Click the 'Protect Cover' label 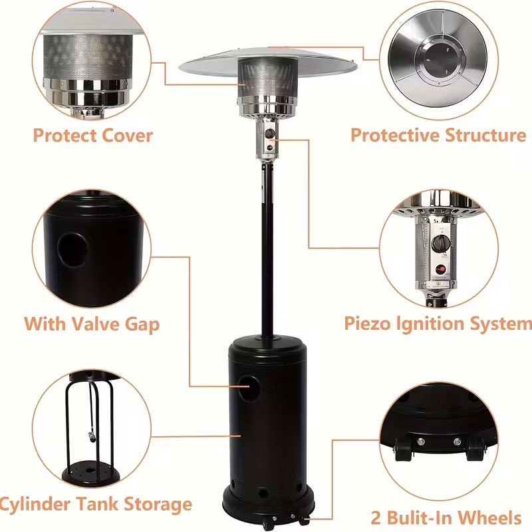[92, 136]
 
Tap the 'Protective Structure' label [438, 135]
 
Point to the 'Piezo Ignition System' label [438, 324]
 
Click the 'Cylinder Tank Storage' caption [96, 503]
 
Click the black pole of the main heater [267, 253]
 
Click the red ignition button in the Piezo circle [439, 269]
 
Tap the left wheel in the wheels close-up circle [404, 451]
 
